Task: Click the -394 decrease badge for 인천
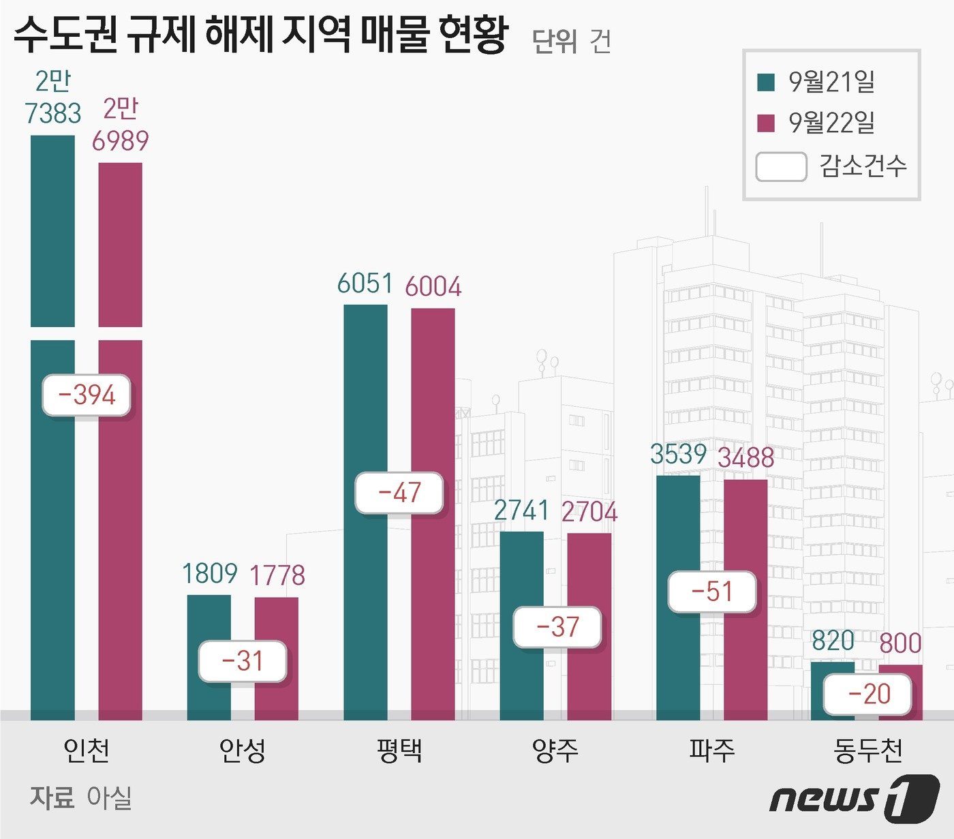coord(87,395)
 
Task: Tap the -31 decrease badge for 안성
coord(243,661)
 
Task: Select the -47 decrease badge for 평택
coord(399,493)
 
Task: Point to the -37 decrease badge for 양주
coord(557,627)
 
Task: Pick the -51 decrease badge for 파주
coord(712,592)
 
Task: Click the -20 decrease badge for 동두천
coord(867,695)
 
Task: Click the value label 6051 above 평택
coord(365,284)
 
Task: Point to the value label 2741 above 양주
coord(521,510)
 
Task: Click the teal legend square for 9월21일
coord(766,82)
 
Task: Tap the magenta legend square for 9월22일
coord(766,123)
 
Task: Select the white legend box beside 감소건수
coord(781,166)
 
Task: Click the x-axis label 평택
coord(399,750)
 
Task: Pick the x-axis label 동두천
coord(867,750)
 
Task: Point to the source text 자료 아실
coord(80,797)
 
